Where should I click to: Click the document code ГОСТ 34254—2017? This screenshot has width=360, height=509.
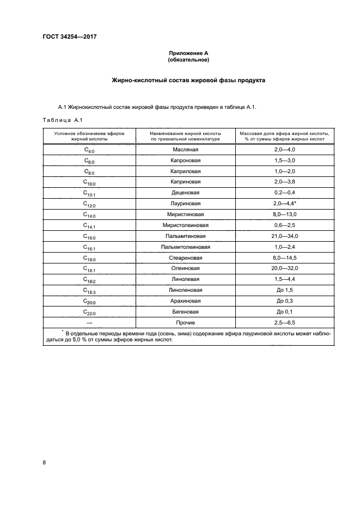65,37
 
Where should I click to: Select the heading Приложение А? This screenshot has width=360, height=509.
188,53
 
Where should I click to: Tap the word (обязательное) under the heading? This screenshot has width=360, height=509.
188,60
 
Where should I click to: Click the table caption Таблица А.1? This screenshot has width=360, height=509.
62,120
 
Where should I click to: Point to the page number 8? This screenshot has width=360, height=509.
44,463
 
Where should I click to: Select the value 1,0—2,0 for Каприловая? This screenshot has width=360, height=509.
285,171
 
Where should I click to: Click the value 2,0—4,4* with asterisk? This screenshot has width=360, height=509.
285,204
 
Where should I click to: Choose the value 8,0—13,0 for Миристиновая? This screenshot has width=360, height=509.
285,214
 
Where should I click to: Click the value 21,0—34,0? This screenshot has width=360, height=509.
285,236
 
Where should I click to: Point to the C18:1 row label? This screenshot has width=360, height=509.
89,269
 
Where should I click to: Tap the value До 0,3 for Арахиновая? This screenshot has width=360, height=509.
285,301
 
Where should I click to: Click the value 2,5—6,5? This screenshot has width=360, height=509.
285,323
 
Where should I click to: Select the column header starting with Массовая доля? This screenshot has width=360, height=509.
285,136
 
